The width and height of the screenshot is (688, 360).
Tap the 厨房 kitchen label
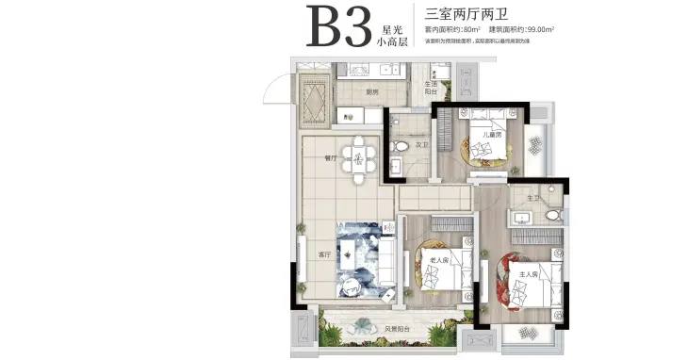click(371, 91)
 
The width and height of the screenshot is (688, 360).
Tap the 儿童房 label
click(491, 135)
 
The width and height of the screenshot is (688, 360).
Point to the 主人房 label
click(528, 274)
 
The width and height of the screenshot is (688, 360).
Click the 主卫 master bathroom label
click(533, 198)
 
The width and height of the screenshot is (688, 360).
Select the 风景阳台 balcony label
click(397, 328)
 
